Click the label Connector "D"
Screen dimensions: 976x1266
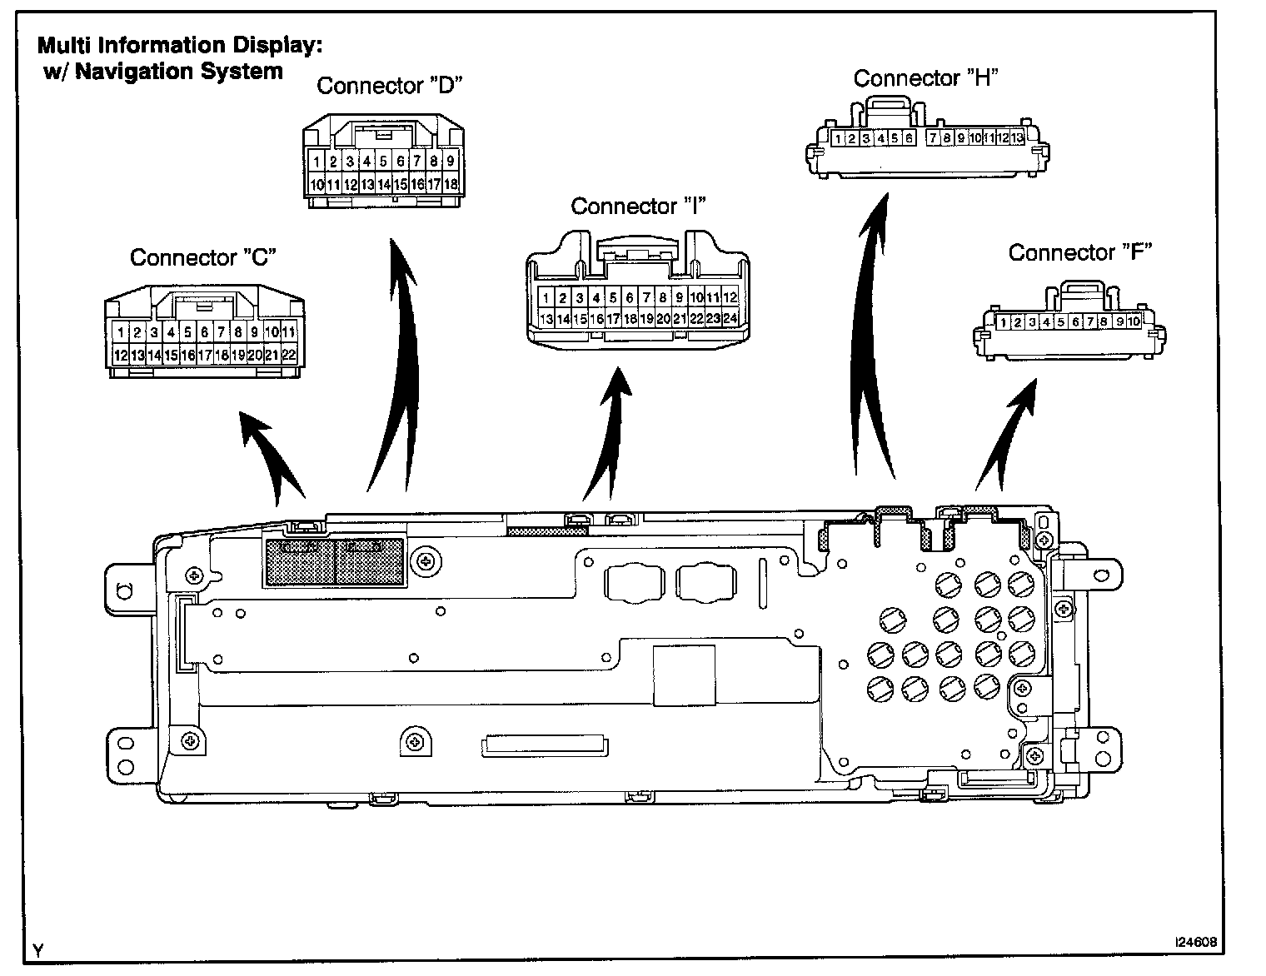(x=389, y=86)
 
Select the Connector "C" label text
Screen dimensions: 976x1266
(x=202, y=257)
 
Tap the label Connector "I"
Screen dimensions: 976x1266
(x=638, y=206)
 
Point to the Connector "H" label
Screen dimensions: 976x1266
(x=925, y=78)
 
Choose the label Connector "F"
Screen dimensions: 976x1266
(x=1079, y=252)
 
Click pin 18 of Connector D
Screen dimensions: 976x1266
(x=451, y=184)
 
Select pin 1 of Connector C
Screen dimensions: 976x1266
(x=121, y=333)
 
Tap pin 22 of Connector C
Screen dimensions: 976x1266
(x=289, y=355)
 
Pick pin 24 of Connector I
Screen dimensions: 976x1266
(x=730, y=318)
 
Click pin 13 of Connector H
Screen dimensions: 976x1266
(x=1017, y=138)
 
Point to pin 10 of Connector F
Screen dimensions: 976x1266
(x=1134, y=322)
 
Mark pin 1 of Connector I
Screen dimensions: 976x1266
(x=546, y=297)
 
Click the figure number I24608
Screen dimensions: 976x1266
(x=1195, y=943)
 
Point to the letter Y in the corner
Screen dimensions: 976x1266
(x=38, y=949)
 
